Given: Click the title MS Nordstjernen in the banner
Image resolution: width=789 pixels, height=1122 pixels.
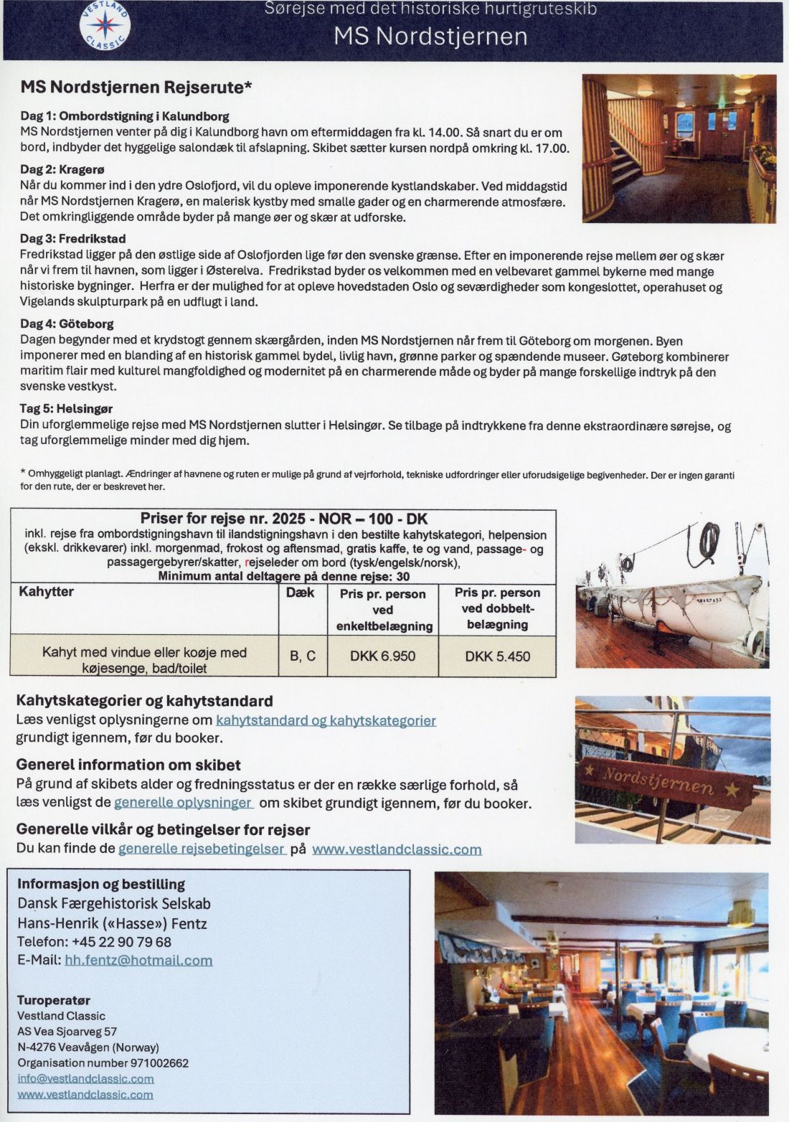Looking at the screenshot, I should (430, 37).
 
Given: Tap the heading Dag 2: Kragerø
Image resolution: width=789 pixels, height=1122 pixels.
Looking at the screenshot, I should (62, 169).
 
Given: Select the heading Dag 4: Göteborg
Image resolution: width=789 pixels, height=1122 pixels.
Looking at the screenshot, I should (67, 324).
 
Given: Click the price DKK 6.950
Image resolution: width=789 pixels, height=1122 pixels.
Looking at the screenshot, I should (382, 656).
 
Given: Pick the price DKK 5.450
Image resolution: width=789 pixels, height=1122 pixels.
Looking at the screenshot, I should (497, 656).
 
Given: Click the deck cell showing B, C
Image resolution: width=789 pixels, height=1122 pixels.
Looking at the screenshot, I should (302, 656).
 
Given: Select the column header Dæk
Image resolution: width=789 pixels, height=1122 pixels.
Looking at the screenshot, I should (300, 593).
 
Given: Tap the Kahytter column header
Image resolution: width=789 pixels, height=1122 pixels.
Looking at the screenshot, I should (46, 592).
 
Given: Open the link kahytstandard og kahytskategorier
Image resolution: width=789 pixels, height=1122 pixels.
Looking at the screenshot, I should (326, 720).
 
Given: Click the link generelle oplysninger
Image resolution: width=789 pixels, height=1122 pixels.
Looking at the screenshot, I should (183, 803).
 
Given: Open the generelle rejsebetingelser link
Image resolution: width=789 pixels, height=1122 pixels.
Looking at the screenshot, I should (202, 849).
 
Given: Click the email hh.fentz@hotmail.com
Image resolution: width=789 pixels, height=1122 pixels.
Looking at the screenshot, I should (138, 960).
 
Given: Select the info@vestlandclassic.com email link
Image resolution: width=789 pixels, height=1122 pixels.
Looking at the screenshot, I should (85, 1078).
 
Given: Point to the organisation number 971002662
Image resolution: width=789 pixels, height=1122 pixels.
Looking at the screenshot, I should (159, 1062).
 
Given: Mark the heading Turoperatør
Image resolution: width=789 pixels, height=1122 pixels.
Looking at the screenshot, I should (54, 999).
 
